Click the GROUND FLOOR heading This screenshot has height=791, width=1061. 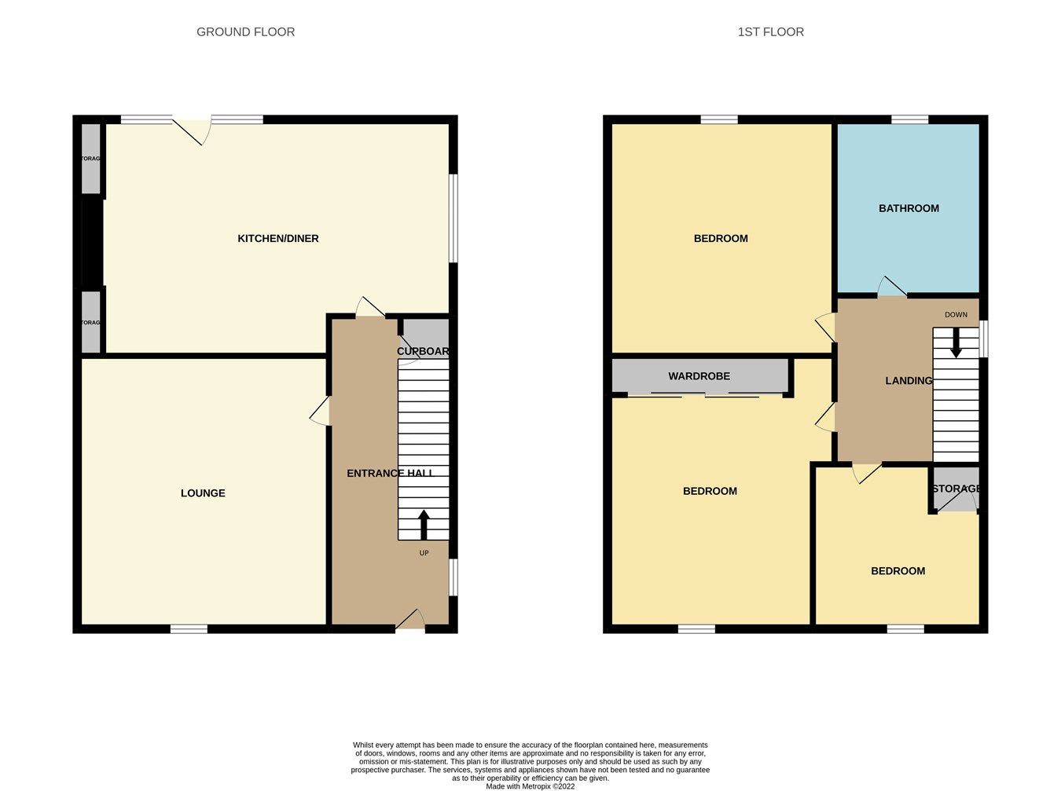(245, 32)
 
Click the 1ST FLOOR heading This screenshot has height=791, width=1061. (770, 32)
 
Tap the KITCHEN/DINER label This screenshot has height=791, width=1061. (278, 239)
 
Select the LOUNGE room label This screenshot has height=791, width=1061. (203, 493)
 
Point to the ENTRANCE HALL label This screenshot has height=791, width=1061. (390, 473)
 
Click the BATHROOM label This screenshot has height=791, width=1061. (909, 208)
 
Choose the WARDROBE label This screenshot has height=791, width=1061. (699, 376)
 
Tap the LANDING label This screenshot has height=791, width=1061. (909, 381)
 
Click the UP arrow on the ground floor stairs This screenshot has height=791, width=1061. (424, 525)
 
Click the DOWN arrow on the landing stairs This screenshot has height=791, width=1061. (956, 342)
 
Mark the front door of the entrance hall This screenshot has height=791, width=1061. (409, 621)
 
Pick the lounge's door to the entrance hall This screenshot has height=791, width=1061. (321, 411)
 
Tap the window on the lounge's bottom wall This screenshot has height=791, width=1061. (189, 628)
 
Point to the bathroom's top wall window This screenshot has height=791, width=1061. (909, 119)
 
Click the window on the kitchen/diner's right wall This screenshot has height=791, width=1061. (453, 218)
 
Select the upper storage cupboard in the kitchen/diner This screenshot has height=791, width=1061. (91, 159)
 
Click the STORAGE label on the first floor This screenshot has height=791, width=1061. (956, 489)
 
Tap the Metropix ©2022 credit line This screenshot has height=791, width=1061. (530, 786)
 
